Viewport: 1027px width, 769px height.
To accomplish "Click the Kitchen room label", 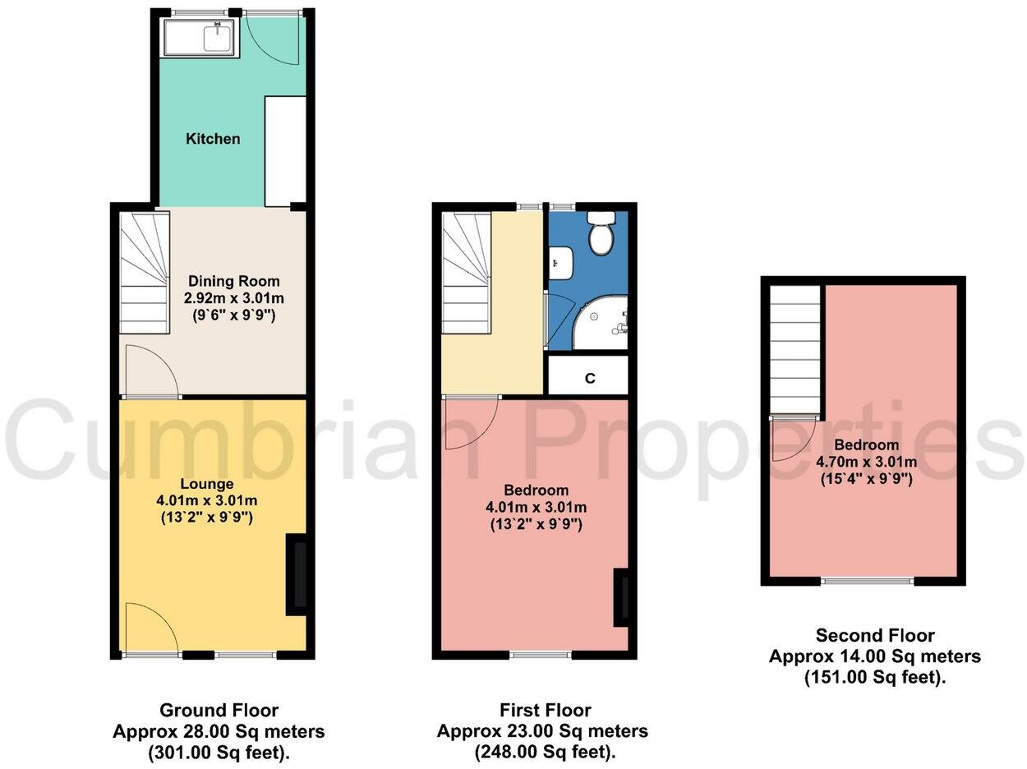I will point(213,139).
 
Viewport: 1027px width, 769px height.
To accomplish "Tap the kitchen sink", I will point(200,38).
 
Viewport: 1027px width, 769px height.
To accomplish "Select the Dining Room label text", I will point(223,280).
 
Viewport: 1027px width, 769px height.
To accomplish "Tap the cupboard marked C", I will point(588,377).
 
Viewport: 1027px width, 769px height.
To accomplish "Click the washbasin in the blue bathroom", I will point(560,262).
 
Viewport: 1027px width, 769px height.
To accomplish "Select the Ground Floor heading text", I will point(219,710).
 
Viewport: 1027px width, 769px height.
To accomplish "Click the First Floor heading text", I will point(546,710).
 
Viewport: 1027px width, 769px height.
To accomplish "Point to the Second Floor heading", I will point(875,635).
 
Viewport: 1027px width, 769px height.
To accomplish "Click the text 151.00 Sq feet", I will point(875,676).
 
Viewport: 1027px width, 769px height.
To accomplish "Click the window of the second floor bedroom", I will point(868,582).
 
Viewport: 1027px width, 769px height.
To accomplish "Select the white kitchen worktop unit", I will point(285,151).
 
